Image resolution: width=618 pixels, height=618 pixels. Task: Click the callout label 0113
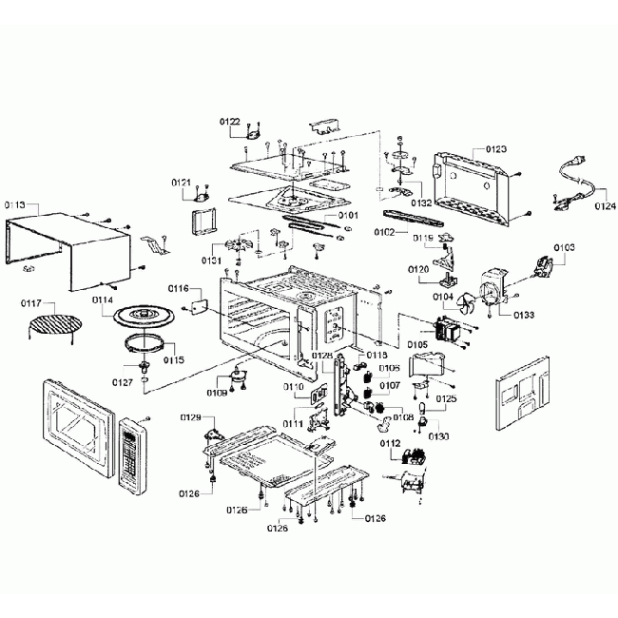tap(14, 204)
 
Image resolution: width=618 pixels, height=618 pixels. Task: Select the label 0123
tap(495, 149)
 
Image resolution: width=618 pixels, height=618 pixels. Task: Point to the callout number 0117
tap(33, 303)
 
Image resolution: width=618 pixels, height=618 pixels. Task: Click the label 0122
tap(229, 122)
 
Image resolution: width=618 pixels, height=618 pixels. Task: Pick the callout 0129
tap(190, 418)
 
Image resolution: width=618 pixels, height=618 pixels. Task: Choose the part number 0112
tap(389, 442)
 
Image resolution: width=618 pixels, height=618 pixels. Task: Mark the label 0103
tap(564, 247)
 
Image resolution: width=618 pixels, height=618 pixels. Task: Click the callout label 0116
tap(179, 288)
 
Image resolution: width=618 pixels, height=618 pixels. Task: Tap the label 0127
tap(123, 382)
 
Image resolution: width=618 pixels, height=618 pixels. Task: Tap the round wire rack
tap(50, 329)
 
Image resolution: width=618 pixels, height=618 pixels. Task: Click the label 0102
tap(383, 232)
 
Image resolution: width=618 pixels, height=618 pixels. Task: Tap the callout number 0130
tap(438, 435)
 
